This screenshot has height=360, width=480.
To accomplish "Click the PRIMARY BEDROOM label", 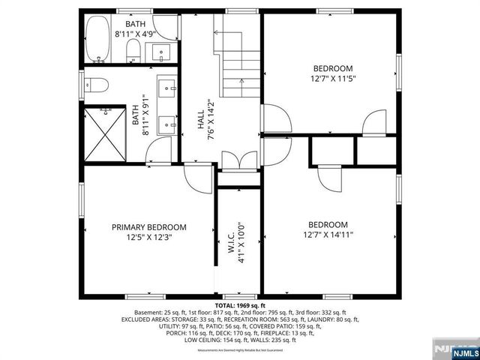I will (149, 226).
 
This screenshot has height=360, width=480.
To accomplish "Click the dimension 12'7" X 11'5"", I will (331, 79).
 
